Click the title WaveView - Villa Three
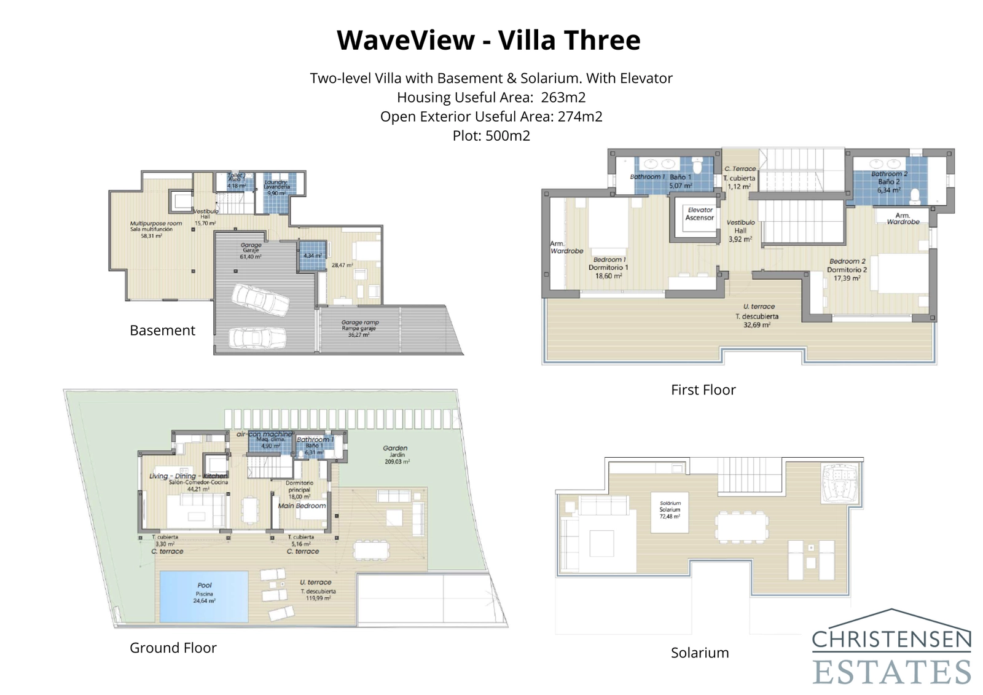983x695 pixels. [x=488, y=41]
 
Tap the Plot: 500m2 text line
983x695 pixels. [x=491, y=136]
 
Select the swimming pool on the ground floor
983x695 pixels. [x=204, y=596]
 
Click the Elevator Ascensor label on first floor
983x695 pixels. [x=700, y=214]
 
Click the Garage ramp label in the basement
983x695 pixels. [x=360, y=328]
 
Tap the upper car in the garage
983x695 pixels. [x=260, y=299]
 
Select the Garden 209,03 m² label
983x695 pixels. [x=396, y=454]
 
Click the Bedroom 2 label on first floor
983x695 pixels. [x=847, y=269]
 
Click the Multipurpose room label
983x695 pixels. [x=155, y=229]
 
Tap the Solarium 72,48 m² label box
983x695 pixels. [x=670, y=510]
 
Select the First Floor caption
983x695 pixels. [x=703, y=390]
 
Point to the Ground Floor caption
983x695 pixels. [x=173, y=648]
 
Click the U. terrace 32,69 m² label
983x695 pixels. [x=758, y=315]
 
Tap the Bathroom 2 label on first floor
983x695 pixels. [x=888, y=181]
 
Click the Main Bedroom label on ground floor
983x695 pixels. [x=302, y=506]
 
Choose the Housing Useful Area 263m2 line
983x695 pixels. [x=491, y=97]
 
